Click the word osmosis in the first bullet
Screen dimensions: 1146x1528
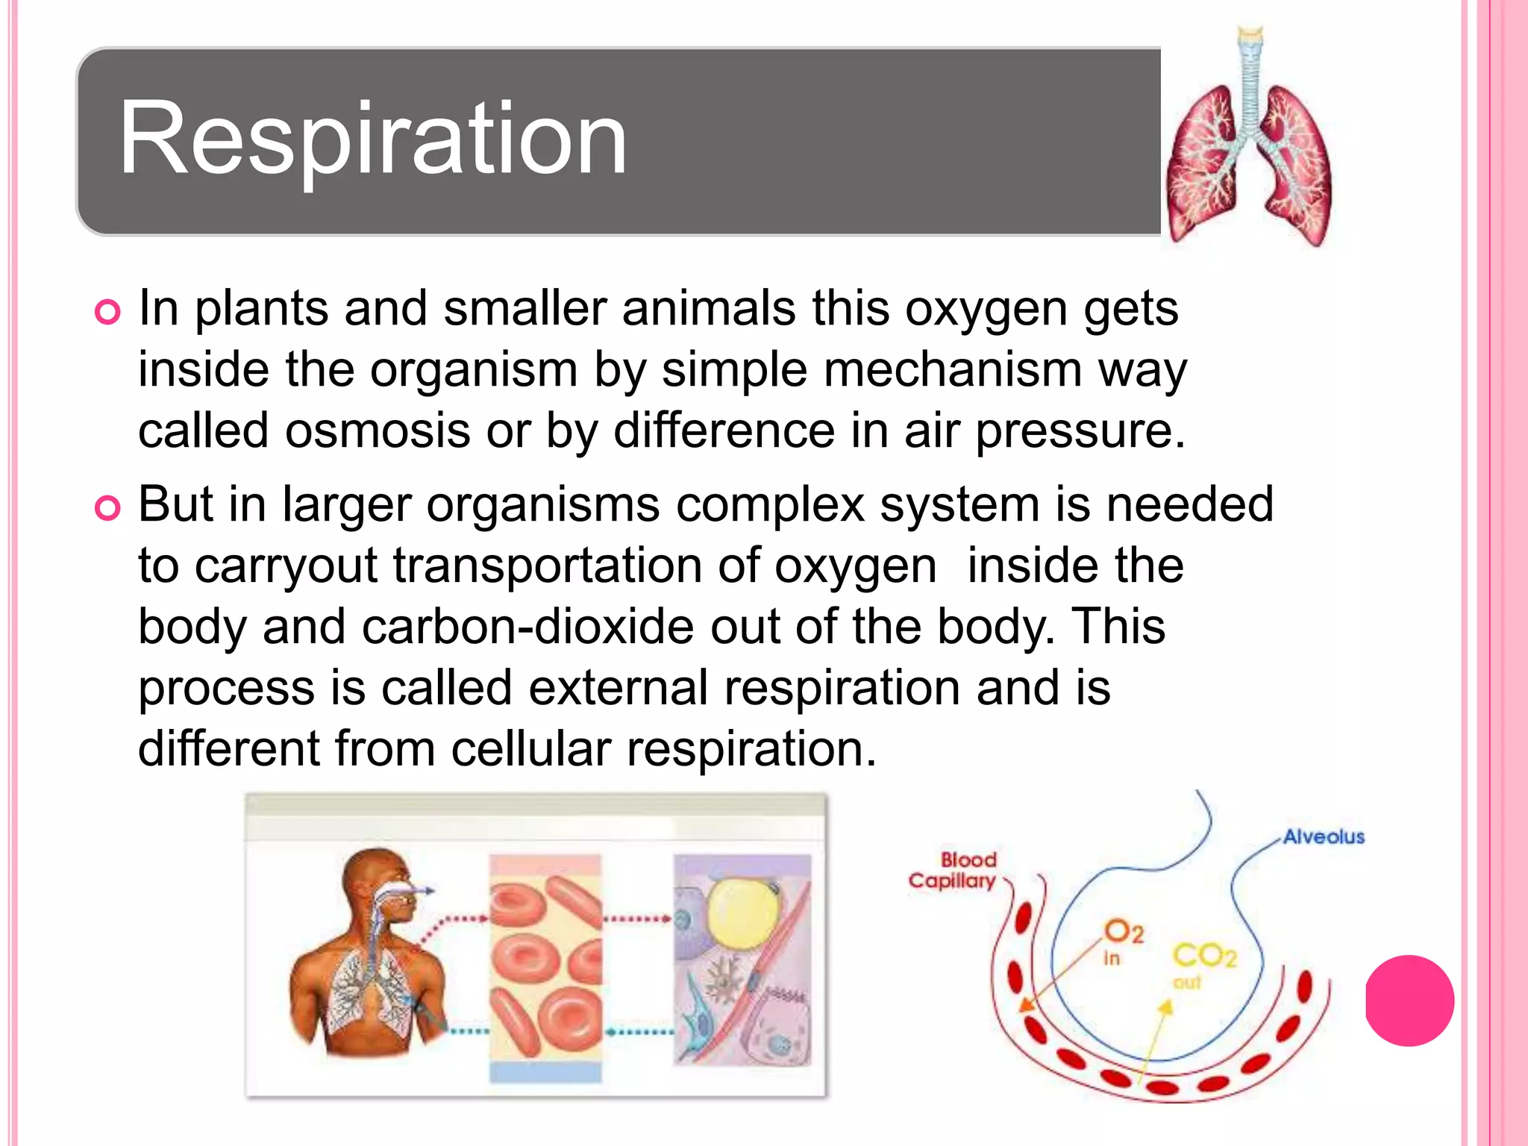click(377, 430)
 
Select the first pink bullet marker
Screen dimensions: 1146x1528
click(107, 312)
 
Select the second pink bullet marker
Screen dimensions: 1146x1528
click(107, 508)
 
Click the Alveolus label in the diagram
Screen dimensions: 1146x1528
click(1324, 836)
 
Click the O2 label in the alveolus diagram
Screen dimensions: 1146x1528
click(1124, 932)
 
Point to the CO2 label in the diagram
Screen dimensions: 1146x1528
click(1205, 955)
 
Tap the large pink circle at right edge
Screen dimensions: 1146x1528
click(1409, 1000)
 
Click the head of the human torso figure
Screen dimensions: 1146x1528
click(381, 888)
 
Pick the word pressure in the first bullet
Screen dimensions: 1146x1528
click(1079, 430)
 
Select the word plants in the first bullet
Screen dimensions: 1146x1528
click(262, 308)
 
